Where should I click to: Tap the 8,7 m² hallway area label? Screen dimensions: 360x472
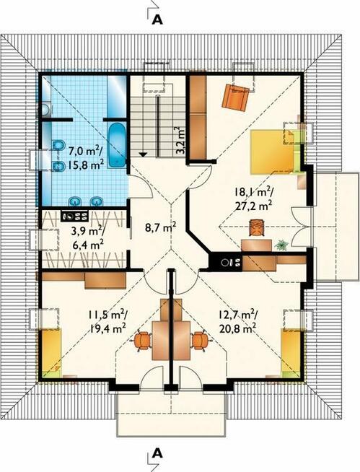click(x=160, y=227)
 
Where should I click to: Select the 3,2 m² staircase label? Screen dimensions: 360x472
click(x=180, y=141)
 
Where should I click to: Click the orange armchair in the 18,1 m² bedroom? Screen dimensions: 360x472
click(x=235, y=97)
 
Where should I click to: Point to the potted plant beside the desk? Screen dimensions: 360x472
click(x=282, y=245)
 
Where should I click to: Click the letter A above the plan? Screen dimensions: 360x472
click(x=157, y=19)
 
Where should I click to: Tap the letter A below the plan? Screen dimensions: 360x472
click(x=157, y=453)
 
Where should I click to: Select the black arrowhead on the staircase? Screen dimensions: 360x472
click(x=143, y=154)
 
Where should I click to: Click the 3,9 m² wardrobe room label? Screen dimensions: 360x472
click(x=87, y=232)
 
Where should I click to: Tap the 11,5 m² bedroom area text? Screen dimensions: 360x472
click(x=107, y=315)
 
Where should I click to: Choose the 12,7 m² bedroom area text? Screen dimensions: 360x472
click(x=238, y=315)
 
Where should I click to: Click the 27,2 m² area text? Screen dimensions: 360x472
click(x=253, y=206)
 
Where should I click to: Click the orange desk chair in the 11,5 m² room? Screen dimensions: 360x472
click(x=142, y=341)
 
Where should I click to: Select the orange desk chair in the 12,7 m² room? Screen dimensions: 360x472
click(x=200, y=341)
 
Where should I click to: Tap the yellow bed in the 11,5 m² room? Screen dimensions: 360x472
click(x=51, y=353)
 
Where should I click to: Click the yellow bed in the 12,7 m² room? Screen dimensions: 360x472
click(x=291, y=353)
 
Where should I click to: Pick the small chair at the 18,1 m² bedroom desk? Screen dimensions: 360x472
click(x=256, y=227)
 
